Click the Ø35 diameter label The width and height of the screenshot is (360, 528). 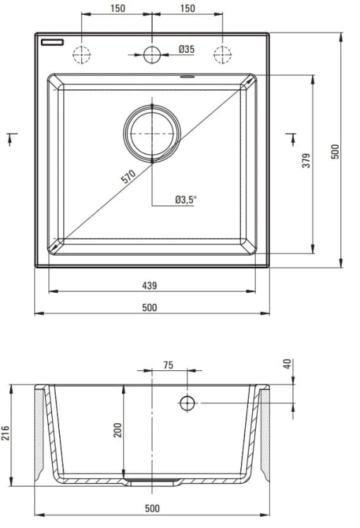pyautogui.click(x=187, y=49)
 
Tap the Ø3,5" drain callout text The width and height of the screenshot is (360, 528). pyautogui.click(x=185, y=200)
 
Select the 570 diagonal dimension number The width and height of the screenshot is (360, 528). pyautogui.click(x=128, y=177)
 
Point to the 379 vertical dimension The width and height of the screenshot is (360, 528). pyautogui.click(x=306, y=161)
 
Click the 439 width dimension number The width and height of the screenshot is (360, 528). pyautogui.click(x=149, y=286)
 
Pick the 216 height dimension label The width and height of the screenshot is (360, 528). pyautogui.click(x=6, y=433)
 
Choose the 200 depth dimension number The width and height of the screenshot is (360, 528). pyautogui.click(x=118, y=430)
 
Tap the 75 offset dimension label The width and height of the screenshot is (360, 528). pyautogui.click(x=168, y=365)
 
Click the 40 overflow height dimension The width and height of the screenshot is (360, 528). pyautogui.click(x=287, y=364)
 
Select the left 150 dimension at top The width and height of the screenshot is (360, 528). pyautogui.click(x=118, y=8)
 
